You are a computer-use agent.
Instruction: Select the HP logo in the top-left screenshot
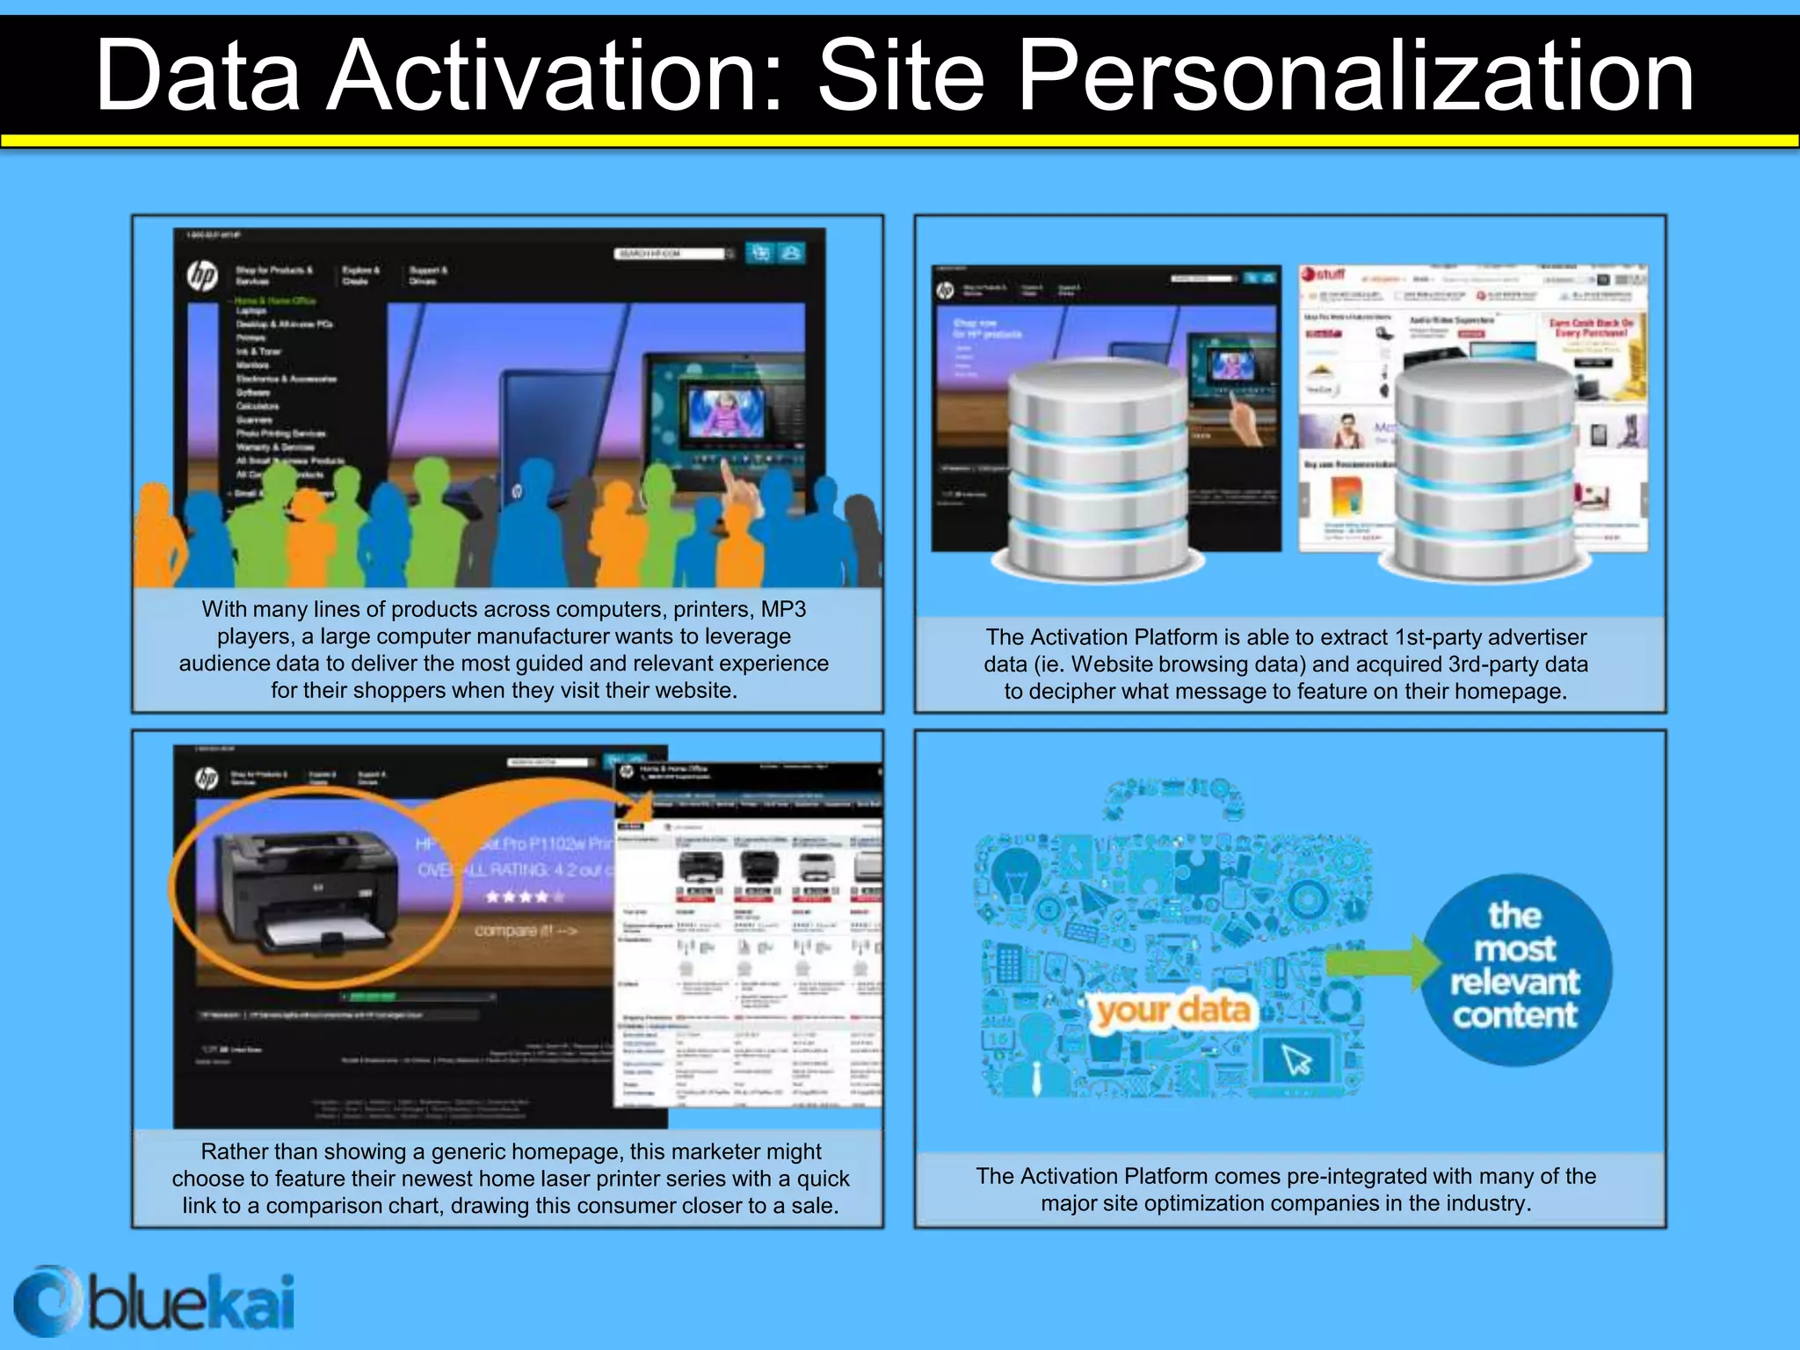click(x=202, y=276)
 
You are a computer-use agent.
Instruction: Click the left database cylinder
click(x=1099, y=466)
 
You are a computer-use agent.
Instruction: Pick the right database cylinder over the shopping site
click(x=1485, y=470)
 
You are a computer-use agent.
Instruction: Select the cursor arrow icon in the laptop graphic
click(x=1296, y=1060)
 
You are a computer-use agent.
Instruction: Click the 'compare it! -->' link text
click(x=526, y=930)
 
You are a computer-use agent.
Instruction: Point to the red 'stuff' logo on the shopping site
click(x=1324, y=275)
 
